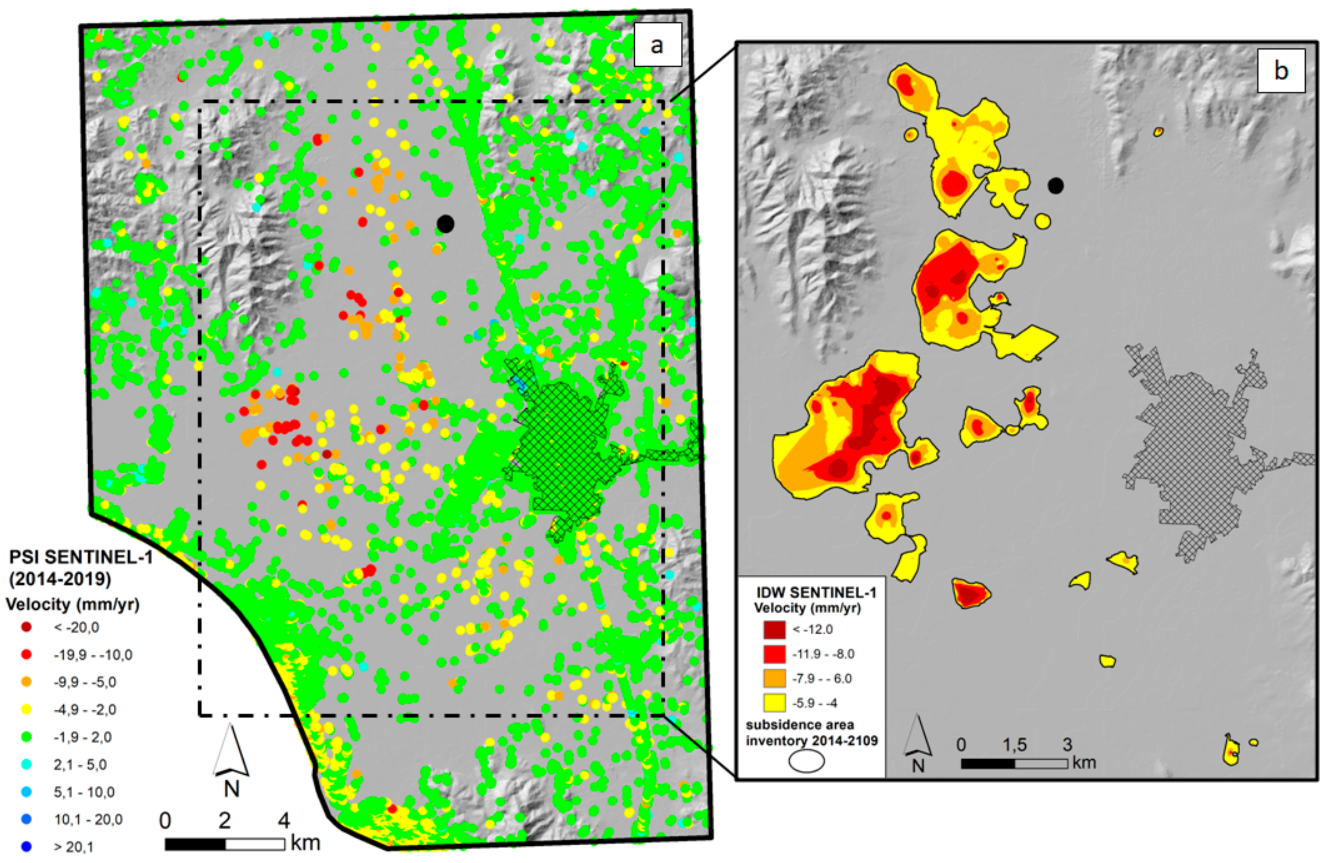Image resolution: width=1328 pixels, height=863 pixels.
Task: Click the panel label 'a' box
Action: tap(657, 45)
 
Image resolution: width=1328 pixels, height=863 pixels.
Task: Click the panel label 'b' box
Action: tap(1281, 71)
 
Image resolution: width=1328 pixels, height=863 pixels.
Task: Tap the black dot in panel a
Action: tap(445, 224)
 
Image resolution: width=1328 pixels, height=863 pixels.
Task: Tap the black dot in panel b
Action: tap(1055, 186)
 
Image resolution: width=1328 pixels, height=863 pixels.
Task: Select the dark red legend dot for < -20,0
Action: tap(26, 627)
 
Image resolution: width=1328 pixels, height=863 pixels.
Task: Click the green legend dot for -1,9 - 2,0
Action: tap(26, 737)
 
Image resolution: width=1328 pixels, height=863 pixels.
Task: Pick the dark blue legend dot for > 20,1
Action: tap(26, 847)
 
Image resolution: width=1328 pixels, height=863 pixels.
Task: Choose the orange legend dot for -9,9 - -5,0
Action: tap(26, 682)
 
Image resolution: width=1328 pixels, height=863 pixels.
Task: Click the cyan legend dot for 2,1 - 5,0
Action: tap(26, 764)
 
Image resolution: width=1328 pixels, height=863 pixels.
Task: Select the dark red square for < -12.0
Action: tap(775, 629)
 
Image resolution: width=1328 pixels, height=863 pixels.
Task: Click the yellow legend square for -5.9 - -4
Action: tap(775, 702)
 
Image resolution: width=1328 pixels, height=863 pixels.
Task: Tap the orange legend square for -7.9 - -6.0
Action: tap(775, 678)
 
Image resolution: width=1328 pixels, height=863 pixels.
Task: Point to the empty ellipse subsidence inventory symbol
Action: tap(806, 761)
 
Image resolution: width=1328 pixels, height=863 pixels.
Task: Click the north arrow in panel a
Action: tap(231, 753)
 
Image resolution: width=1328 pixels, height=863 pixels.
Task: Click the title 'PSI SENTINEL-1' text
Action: tap(81, 557)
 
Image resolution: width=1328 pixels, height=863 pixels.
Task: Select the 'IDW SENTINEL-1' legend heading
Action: tap(816, 593)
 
